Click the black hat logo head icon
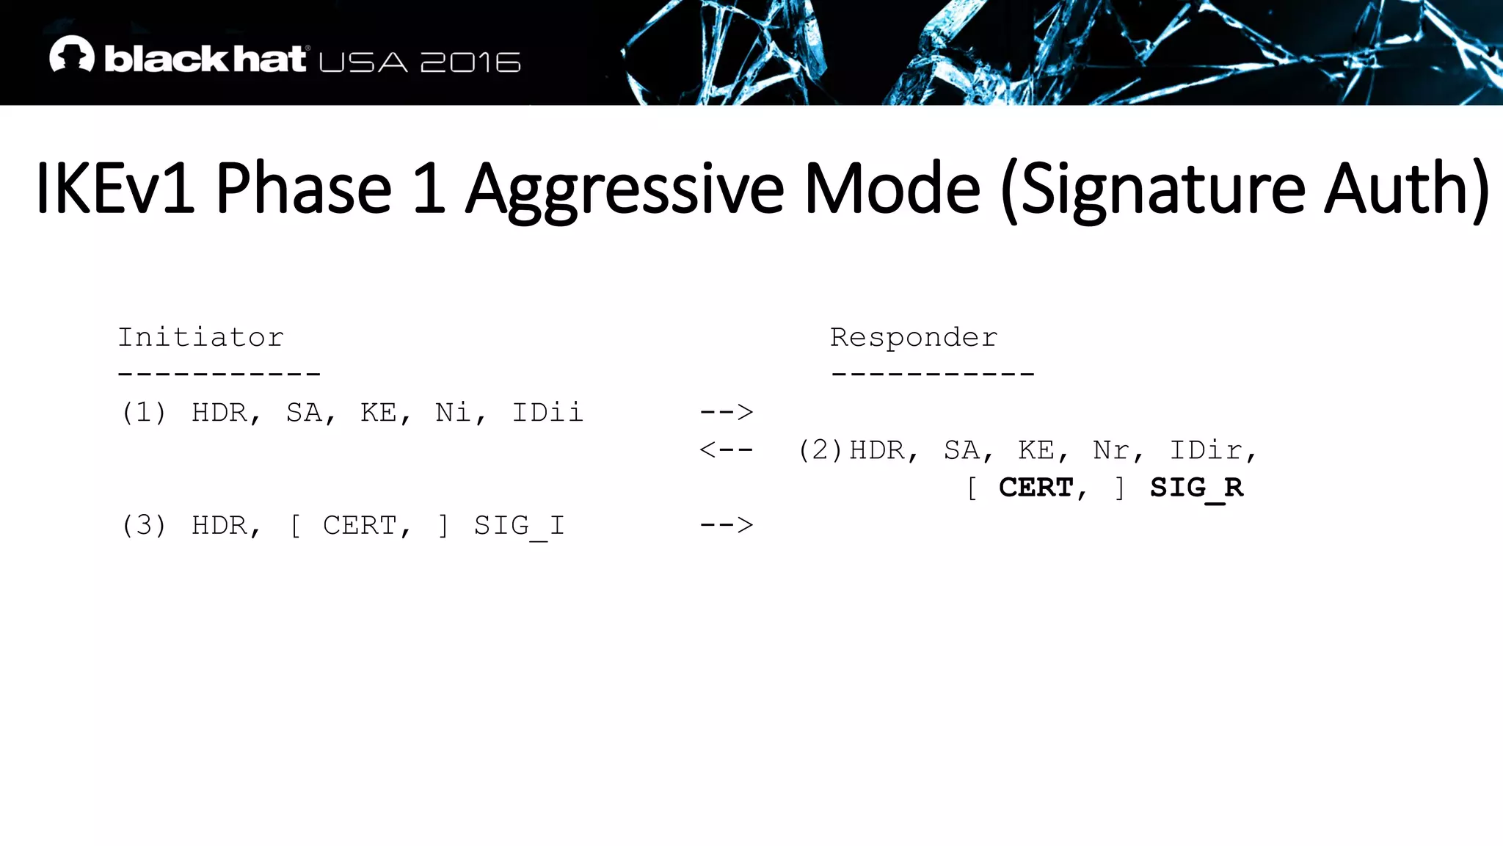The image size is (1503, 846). pyautogui.click(x=72, y=54)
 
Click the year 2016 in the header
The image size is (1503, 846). pyautogui.click(x=470, y=62)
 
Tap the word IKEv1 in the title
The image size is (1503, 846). pyautogui.click(x=114, y=189)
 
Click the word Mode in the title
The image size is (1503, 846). pyautogui.click(x=892, y=189)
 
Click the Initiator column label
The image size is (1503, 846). pyautogui.click(x=200, y=338)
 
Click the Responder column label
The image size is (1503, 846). pyautogui.click(x=914, y=338)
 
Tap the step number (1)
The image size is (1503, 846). pyautogui.click(x=144, y=413)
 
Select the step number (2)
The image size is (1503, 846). pyautogui.click(x=820, y=450)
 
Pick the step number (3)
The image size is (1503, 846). pyautogui.click(x=144, y=526)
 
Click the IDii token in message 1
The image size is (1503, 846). pyautogui.click(x=547, y=413)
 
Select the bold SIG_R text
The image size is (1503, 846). pyautogui.click(x=1196, y=488)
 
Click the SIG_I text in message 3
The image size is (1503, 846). pyautogui.click(x=519, y=526)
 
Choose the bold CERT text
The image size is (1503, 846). pyautogui.click(x=1036, y=488)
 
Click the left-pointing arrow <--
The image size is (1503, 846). pyautogui.click(x=726, y=449)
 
